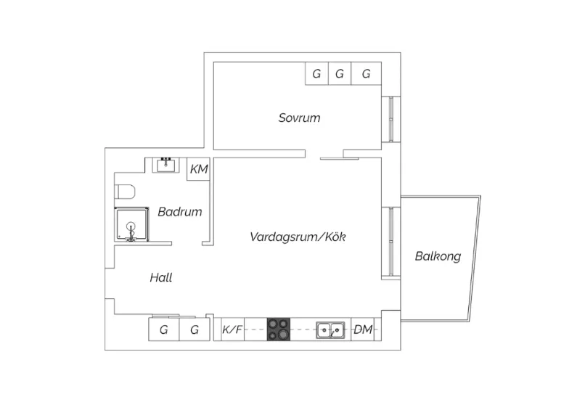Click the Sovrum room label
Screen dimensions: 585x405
click(x=299, y=118)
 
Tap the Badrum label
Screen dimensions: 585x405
click(x=180, y=212)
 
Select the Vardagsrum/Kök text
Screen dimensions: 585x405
click(x=298, y=237)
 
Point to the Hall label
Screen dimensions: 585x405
click(x=161, y=277)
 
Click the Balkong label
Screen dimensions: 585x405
click(x=438, y=256)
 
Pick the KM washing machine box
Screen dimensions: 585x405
click(x=198, y=169)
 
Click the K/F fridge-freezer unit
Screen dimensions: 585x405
click(x=232, y=330)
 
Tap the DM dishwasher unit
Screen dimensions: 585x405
click(x=363, y=330)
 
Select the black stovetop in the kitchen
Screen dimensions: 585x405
click(x=278, y=330)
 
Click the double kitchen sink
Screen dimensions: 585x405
click(x=330, y=330)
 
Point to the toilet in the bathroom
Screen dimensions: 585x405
click(x=124, y=192)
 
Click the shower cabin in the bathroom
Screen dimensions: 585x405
click(x=131, y=224)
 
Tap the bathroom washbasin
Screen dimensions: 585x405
click(x=165, y=165)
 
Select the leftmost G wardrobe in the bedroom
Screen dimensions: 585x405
click(x=316, y=73)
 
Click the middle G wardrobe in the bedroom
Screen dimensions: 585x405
click(x=340, y=73)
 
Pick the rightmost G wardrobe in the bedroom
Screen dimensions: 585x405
click(x=366, y=73)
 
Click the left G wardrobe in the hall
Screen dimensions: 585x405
click(x=164, y=330)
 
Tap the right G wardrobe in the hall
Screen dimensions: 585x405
click(x=195, y=330)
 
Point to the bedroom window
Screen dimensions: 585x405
click(x=390, y=119)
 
